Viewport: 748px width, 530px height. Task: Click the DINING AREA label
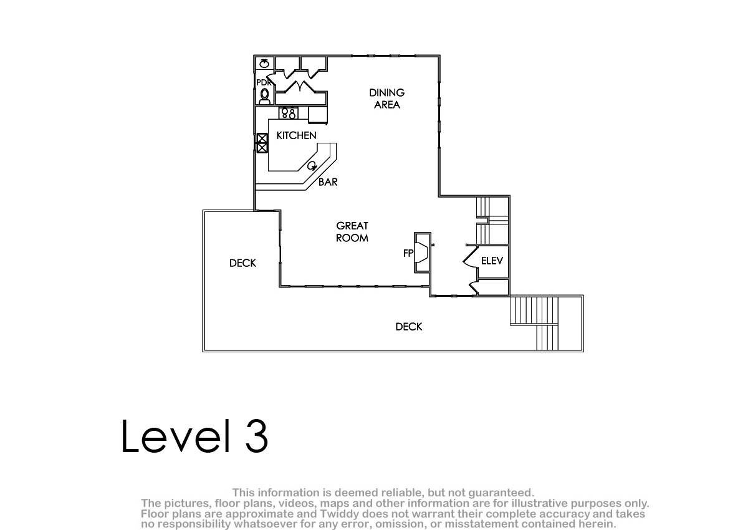click(386, 99)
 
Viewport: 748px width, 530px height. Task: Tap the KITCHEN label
click(296, 135)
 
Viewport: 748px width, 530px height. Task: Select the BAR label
click(328, 182)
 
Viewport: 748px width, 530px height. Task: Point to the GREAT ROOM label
click(352, 232)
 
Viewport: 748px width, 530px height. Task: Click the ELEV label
click(492, 261)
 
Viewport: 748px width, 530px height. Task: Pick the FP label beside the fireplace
click(408, 254)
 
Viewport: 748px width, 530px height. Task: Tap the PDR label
click(264, 82)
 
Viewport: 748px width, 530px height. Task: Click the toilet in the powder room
click(264, 96)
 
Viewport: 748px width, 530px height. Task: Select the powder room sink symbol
click(264, 63)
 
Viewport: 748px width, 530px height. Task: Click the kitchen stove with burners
click(288, 113)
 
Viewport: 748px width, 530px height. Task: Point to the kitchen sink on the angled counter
click(312, 166)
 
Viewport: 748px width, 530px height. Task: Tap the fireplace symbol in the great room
click(422, 253)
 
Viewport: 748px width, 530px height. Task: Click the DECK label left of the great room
click(242, 263)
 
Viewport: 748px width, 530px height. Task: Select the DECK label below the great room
click(409, 327)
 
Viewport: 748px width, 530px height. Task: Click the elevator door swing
click(470, 256)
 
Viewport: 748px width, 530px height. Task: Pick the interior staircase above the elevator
click(492, 221)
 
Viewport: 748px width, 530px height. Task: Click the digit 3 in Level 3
click(256, 436)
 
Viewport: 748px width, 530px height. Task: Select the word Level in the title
click(176, 436)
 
